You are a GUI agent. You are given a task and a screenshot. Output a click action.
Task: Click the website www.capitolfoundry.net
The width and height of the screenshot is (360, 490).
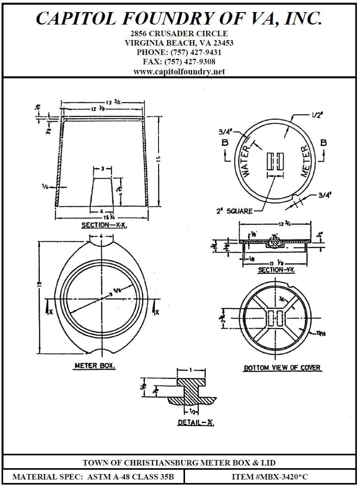tap(179, 72)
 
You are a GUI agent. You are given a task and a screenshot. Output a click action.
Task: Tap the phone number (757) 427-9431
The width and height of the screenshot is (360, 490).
tap(196, 52)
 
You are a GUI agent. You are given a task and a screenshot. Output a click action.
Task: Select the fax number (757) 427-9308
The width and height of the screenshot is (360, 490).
tap(190, 62)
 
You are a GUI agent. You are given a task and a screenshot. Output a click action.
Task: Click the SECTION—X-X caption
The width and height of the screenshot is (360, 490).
tap(104, 225)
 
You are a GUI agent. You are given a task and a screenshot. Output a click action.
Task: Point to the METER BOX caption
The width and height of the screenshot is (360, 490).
tap(95, 366)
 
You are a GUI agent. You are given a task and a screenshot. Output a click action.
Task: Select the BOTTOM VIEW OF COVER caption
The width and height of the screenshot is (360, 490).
tap(282, 368)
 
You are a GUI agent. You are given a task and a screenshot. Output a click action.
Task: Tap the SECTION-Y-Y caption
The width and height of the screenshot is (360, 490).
tap(276, 270)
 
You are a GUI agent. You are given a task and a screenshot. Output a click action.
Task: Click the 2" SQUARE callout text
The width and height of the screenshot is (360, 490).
tap(234, 211)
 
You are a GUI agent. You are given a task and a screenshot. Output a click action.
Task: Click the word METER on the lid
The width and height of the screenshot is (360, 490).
tap(307, 160)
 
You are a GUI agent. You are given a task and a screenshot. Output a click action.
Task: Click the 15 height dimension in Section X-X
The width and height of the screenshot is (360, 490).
tap(159, 159)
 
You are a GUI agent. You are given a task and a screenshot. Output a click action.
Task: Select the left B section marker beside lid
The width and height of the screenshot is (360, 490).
tap(225, 143)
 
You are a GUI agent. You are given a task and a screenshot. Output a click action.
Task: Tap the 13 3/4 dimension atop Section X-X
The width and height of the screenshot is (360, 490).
tap(105, 103)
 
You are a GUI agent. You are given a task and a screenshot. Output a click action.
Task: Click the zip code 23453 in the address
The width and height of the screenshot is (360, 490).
tap(222, 43)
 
